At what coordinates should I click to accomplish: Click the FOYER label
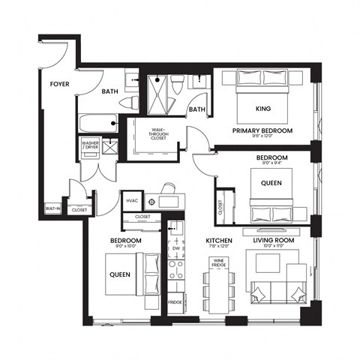60,85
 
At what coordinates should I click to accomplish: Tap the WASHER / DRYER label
90,145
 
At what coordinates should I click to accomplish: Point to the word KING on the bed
262,106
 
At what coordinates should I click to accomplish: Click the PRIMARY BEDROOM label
262,130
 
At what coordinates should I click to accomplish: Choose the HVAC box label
131,200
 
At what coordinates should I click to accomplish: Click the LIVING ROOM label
272,240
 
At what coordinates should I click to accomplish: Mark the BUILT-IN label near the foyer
52,208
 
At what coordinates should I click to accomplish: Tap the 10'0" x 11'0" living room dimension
273,247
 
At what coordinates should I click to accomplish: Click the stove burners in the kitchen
176,270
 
